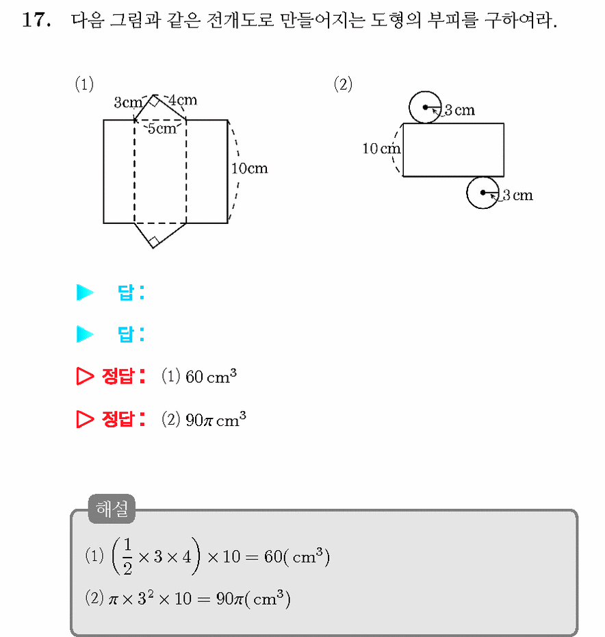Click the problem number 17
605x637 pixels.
[x=36, y=20]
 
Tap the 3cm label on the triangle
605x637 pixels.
[x=128, y=102]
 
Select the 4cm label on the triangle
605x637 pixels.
[x=183, y=100]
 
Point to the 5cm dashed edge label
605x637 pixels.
[x=162, y=129]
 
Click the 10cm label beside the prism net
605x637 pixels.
[x=250, y=168]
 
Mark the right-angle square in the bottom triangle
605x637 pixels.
[x=153, y=242]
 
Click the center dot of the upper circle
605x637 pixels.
[x=425, y=108]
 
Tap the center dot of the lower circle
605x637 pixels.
[x=482, y=192]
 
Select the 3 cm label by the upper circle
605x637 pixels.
[x=460, y=110]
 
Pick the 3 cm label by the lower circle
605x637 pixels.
[x=517, y=195]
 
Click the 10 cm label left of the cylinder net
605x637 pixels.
[x=381, y=149]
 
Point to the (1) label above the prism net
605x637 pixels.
[x=84, y=84]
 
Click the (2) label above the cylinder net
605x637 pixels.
[x=343, y=84]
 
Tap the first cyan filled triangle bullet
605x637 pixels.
[x=85, y=292]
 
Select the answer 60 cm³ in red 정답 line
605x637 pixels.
[x=211, y=376]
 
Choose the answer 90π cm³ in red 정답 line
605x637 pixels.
[x=216, y=419]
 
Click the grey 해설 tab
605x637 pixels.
[x=112, y=509]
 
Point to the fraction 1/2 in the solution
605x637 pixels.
[x=127, y=556]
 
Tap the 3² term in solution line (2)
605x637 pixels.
[x=146, y=597]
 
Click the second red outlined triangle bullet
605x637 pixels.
[x=85, y=419]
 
